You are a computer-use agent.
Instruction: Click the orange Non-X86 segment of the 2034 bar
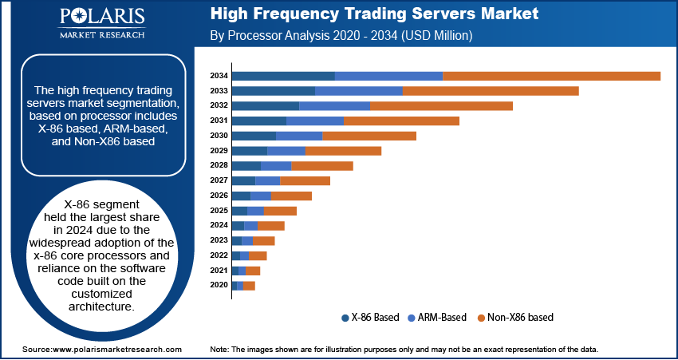551,76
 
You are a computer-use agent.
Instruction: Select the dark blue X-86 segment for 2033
274,91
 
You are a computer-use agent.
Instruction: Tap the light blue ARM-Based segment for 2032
334,105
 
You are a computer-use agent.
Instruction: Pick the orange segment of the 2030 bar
369,136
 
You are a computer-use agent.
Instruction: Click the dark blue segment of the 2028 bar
246,165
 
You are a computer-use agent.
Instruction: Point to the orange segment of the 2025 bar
280,211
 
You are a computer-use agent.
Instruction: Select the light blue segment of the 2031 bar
315,121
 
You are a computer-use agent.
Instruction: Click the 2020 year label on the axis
219,285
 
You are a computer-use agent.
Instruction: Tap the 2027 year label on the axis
219,180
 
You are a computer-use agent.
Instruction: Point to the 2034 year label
219,76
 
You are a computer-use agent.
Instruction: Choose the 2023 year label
219,240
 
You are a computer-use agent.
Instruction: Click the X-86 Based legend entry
370,317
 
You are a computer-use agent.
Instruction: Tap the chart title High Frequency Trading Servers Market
374,14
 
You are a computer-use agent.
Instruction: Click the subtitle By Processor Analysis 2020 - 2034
341,36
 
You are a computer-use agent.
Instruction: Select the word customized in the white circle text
101,294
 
